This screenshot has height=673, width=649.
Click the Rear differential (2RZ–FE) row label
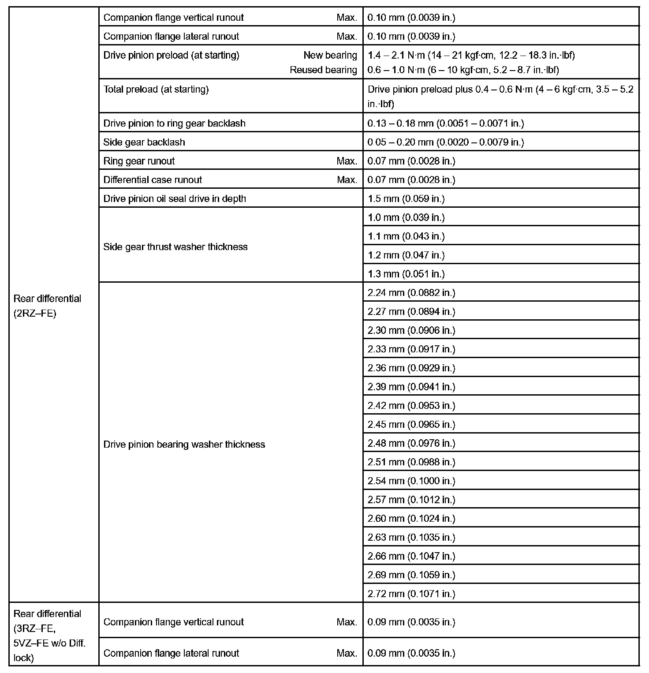point(47,307)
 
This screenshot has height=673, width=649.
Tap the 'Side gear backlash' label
point(144,142)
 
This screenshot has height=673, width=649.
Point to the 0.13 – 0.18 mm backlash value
point(445,123)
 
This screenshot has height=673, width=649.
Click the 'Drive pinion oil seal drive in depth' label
point(175,198)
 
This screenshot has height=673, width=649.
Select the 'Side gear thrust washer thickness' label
point(175,247)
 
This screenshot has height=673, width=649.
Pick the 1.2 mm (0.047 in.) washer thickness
point(406,255)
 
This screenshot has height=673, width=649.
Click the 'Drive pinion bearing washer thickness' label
point(184,444)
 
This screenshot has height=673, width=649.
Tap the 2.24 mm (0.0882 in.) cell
point(411,292)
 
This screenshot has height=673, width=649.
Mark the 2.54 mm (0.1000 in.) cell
point(411,481)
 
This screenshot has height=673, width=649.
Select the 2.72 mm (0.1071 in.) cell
point(411,594)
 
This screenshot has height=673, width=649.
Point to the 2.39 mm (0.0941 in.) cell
point(411,387)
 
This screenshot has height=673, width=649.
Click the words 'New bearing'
point(330,55)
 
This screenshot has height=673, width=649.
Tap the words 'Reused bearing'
point(323,70)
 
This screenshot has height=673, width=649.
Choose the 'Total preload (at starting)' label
point(156,90)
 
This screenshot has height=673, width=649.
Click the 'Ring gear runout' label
point(139,161)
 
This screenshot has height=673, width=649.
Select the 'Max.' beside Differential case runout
point(347,180)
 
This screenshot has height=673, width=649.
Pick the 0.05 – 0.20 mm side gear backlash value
point(445,142)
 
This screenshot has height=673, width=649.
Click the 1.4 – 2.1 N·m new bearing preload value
point(471,55)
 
